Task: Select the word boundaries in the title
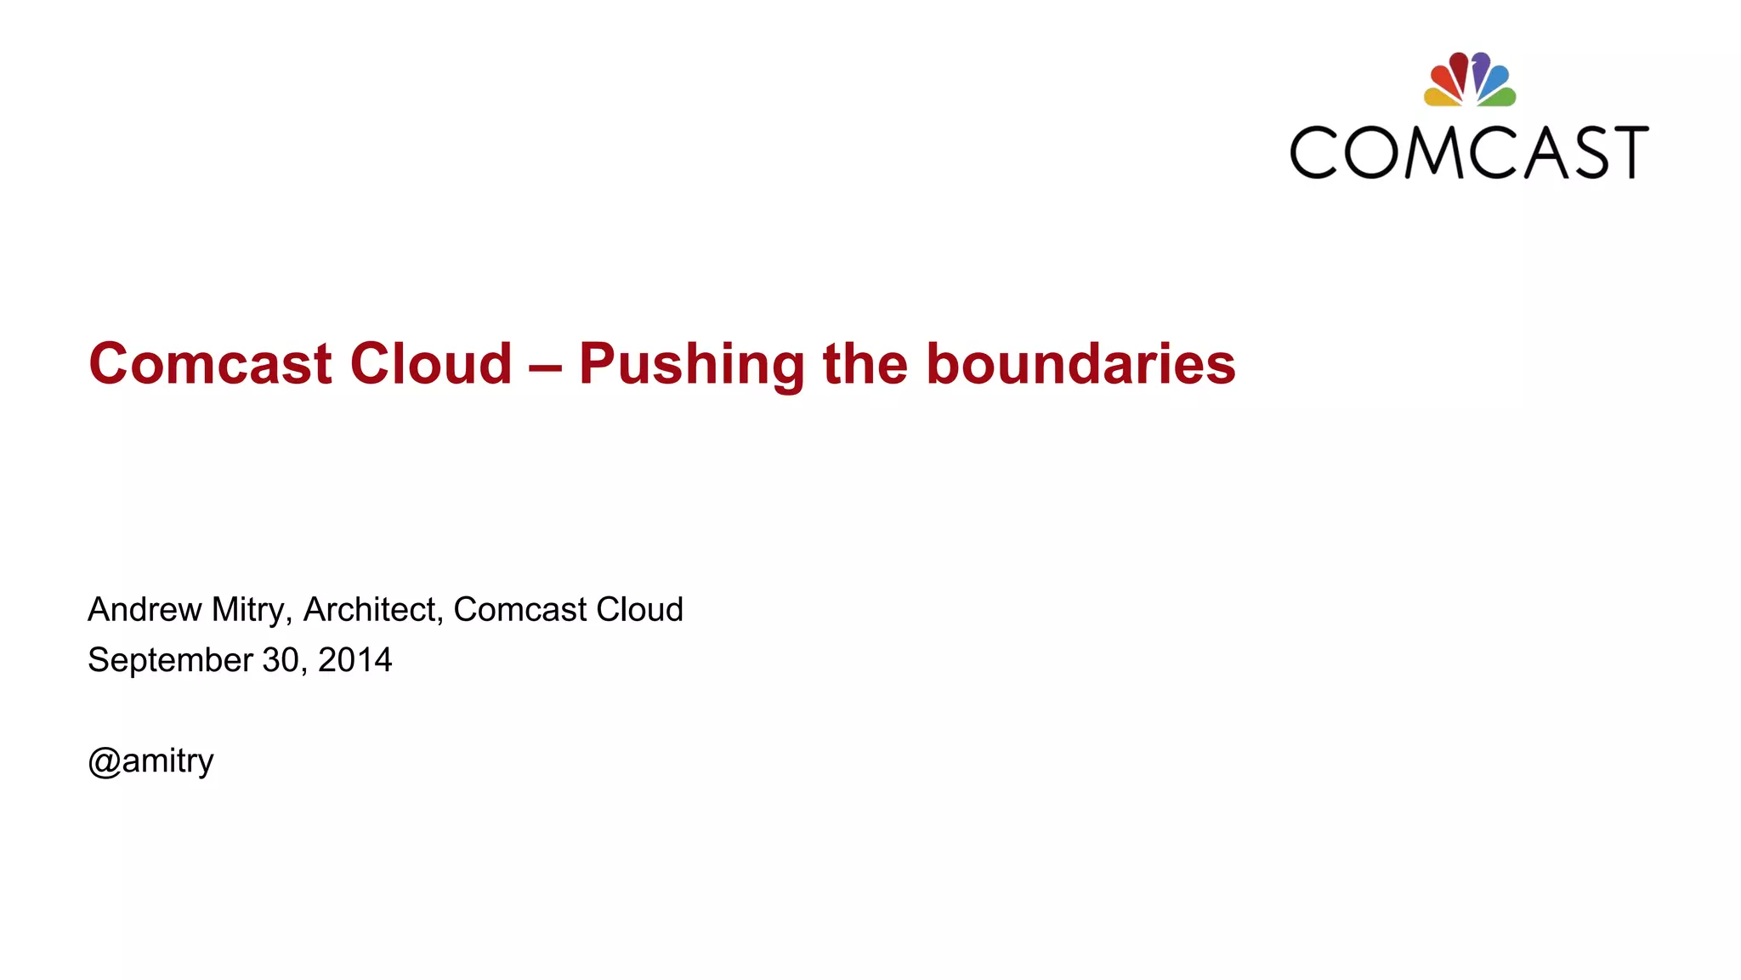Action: pyautogui.click(x=1080, y=364)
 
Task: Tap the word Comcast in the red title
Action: pyautogui.click(x=210, y=364)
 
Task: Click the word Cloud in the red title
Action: pyautogui.click(x=431, y=364)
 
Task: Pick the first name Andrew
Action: pyautogui.click(x=145, y=610)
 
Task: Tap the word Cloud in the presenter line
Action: pyautogui.click(x=639, y=610)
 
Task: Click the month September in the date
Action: pyautogui.click(x=170, y=661)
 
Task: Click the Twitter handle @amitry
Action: pyautogui.click(x=150, y=761)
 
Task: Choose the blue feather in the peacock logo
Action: pyautogui.click(x=1498, y=78)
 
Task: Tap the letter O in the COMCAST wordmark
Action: pyautogui.click(x=1370, y=152)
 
